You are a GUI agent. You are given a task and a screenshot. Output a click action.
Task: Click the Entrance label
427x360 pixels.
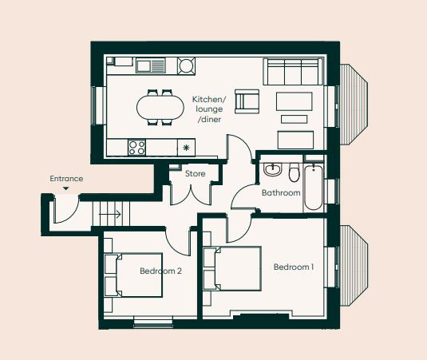pos(66,179)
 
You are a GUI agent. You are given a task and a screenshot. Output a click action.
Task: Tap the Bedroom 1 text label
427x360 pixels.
pos(293,267)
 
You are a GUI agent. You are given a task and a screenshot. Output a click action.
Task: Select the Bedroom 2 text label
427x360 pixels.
pos(160,271)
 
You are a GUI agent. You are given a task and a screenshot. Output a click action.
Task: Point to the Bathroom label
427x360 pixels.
pos(281,193)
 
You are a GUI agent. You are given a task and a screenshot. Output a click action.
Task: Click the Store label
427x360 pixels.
pos(196,173)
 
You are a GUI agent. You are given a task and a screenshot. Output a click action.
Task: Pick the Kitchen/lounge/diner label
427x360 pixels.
pos(209,109)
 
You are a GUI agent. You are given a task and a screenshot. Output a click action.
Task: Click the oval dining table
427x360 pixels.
pos(160,106)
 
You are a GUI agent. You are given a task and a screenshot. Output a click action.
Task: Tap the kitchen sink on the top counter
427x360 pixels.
pos(150,65)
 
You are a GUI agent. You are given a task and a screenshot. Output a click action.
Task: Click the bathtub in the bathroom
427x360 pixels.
pos(314,188)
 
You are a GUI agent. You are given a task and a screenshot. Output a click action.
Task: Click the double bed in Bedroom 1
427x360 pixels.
pos(233,269)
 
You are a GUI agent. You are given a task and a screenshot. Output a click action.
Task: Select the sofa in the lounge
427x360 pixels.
pos(292,72)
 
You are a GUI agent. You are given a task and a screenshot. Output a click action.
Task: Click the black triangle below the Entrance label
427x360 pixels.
pos(65,189)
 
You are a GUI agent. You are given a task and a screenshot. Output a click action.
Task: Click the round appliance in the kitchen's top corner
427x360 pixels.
pos(186,65)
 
